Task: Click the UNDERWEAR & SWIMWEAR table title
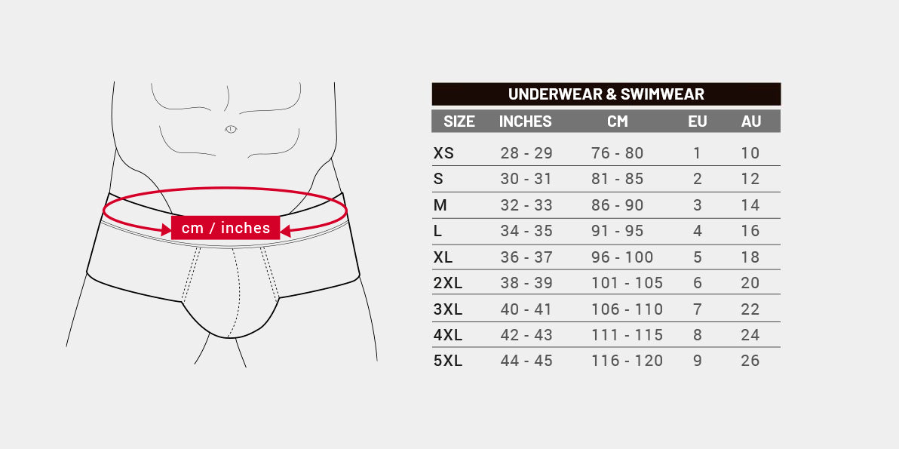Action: [x=606, y=94]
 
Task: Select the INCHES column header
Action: [x=525, y=121]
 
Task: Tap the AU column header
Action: [x=751, y=121]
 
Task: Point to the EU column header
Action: [x=697, y=121]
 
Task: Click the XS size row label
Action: [x=443, y=153]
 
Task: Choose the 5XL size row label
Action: [x=448, y=361]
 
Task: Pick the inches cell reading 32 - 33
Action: [x=526, y=205]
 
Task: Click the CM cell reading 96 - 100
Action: [x=622, y=257]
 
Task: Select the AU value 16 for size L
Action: [x=750, y=231]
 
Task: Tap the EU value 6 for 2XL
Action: [x=697, y=283]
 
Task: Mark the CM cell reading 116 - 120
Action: [x=627, y=361]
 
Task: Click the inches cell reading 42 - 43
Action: [x=526, y=335]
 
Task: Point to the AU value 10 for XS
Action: [x=750, y=153]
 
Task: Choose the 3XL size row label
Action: [x=448, y=309]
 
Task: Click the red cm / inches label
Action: [x=226, y=228]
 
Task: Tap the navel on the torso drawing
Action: [x=231, y=129]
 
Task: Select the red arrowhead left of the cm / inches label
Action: [x=166, y=230]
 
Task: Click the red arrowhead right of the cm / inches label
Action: [x=286, y=230]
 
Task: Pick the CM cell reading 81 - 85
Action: [x=617, y=179]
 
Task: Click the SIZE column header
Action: [x=459, y=121]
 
